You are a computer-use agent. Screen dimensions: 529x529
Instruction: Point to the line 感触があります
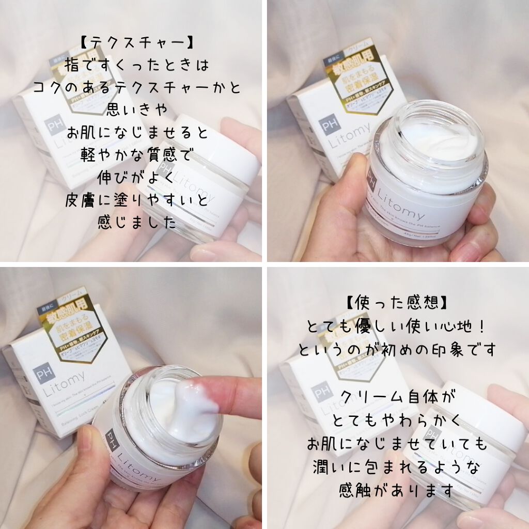(x=396, y=489)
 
